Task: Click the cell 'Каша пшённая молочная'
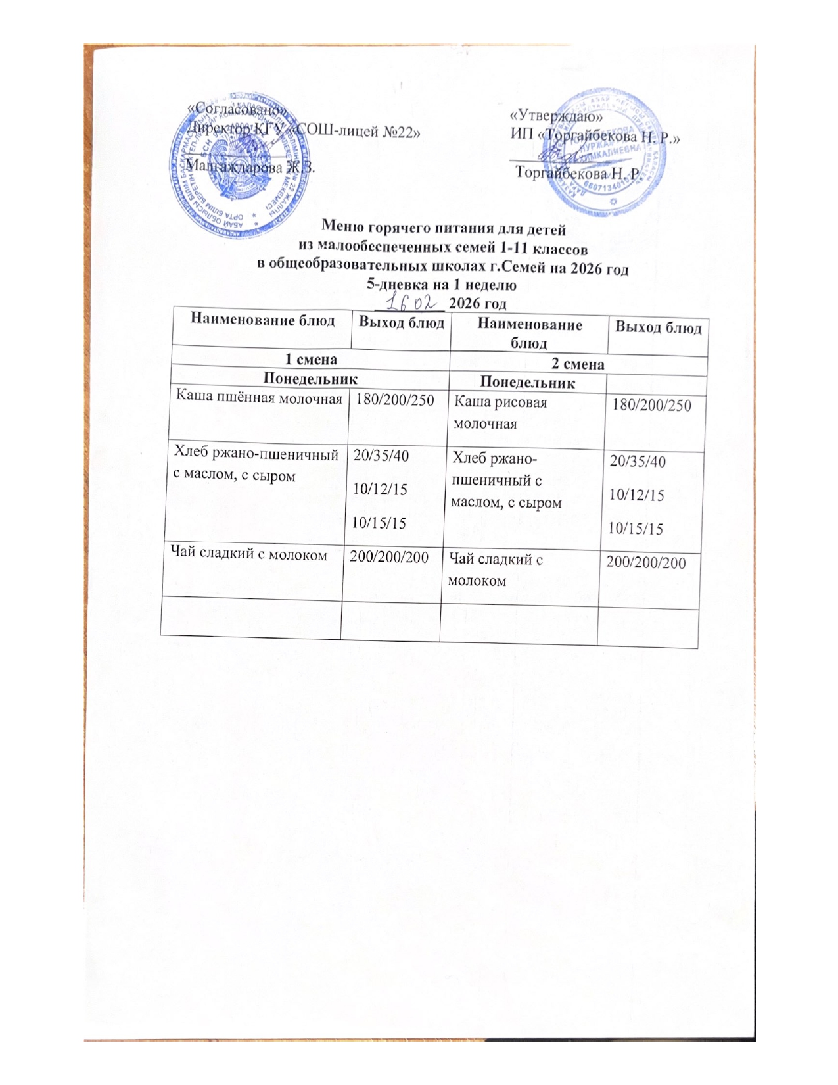click(258, 397)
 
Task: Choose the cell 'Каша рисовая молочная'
click(501, 412)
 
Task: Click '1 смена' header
click(310, 360)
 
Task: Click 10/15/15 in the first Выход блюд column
click(379, 523)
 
